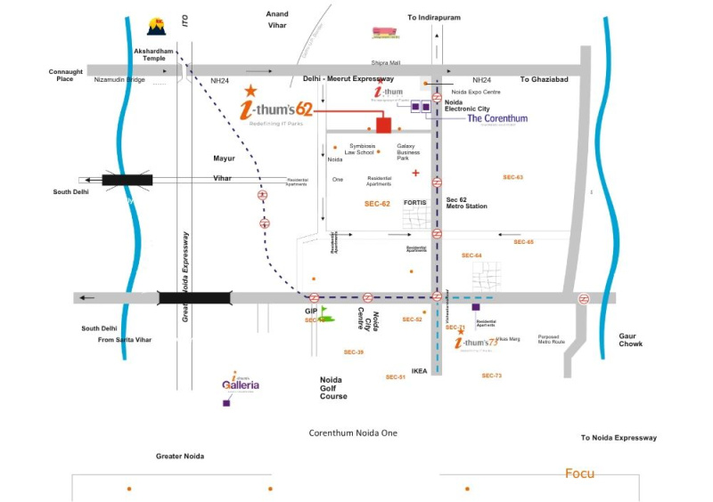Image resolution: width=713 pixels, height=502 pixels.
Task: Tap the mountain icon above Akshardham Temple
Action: tap(157, 27)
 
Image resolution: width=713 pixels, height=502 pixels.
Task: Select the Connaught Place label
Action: tap(66, 76)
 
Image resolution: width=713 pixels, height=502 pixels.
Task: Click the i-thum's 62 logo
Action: tap(277, 109)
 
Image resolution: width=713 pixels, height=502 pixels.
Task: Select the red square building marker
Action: tap(383, 125)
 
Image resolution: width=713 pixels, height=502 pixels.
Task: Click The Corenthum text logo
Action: tap(497, 118)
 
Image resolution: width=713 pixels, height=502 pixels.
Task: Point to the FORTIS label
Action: tap(416, 203)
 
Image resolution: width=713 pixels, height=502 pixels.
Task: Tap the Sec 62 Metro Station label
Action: tap(466, 203)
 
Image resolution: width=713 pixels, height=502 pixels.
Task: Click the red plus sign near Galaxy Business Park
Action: tap(415, 173)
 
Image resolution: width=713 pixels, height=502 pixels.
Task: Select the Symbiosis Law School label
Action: tap(349, 149)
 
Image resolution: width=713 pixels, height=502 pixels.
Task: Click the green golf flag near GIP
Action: tap(324, 312)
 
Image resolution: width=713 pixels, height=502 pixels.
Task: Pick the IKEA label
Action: tap(420, 370)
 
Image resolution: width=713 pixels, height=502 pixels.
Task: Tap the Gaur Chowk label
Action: tap(630, 339)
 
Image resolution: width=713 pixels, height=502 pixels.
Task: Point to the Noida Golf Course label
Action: tap(333, 387)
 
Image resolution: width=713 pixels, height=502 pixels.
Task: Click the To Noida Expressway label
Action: tap(619, 438)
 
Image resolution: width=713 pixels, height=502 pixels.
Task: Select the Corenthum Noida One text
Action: tap(353, 433)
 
